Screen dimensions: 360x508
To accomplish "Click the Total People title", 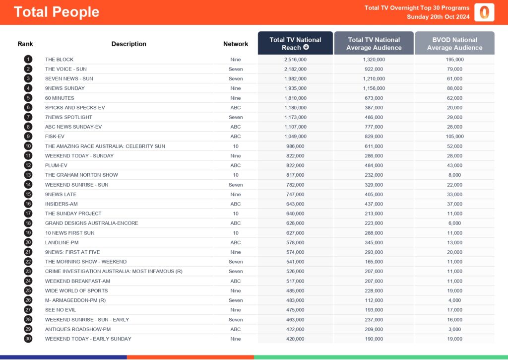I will (57, 12).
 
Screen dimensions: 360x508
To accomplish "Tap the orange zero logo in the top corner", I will (484, 12).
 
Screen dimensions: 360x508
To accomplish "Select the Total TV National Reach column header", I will (295, 43).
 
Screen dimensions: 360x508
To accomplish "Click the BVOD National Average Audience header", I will (454, 43).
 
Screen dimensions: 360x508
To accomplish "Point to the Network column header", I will (236, 44).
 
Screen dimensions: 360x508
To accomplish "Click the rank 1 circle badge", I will (28, 60).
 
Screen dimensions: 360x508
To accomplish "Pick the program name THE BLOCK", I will (59, 60).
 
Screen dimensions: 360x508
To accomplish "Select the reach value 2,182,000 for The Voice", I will (295, 69).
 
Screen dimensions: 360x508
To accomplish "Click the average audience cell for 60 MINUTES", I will (374, 98).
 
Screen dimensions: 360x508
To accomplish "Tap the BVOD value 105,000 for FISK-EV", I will (454, 137).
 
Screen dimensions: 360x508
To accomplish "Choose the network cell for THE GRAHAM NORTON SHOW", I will (236, 175).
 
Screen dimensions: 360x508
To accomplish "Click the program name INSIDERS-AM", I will (62, 204).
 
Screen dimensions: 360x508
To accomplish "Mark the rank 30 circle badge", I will (28, 339).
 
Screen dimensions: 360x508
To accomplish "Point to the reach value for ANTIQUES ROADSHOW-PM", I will (295, 329).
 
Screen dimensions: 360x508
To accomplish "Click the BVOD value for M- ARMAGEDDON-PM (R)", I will (454, 300).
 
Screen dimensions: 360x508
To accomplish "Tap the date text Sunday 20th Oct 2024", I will (438, 17).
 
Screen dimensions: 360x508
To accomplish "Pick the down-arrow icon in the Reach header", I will (306, 48).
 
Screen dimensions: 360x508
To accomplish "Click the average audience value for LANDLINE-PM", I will (374, 242).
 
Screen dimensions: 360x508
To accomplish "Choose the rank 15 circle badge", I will (28, 194).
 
